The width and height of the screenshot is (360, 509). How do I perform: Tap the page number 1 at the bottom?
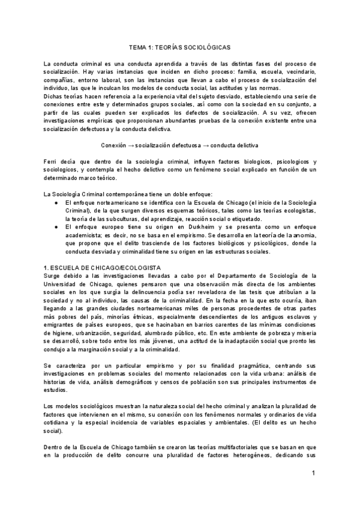point(313,474)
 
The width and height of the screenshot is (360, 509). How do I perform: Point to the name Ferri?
point(51,163)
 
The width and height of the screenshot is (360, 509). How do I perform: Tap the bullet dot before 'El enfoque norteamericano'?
point(55,203)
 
